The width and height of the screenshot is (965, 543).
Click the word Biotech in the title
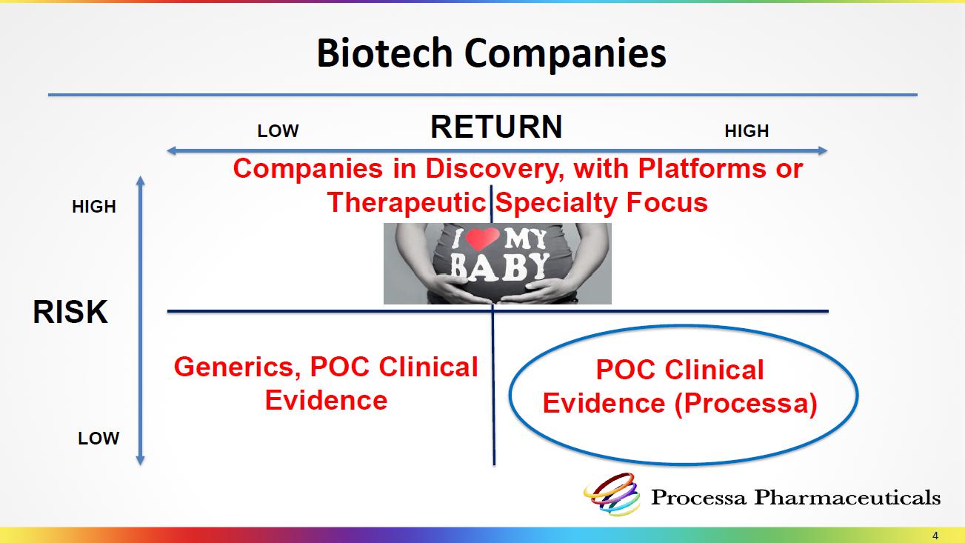click(x=384, y=53)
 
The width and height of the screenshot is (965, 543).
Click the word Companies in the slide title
click(x=565, y=55)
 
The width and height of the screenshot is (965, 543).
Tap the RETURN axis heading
click(x=496, y=127)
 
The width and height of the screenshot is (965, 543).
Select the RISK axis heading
click(x=70, y=312)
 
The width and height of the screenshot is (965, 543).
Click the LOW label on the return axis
click(x=278, y=131)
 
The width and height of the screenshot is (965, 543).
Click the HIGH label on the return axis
click(x=747, y=131)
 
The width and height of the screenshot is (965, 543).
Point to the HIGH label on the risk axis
click(x=94, y=207)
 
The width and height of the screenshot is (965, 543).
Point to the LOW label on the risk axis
click(x=98, y=439)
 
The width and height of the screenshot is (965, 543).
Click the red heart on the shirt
click(x=483, y=239)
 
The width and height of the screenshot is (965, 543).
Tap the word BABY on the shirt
click(x=500, y=267)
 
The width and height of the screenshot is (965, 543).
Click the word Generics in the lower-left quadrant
click(x=238, y=367)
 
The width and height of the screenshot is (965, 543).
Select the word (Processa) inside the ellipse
click(x=746, y=404)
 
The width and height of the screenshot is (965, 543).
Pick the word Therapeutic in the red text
click(x=407, y=202)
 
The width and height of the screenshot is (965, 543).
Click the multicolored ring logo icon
click(x=611, y=495)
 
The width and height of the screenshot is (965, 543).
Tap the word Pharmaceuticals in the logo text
click(x=847, y=497)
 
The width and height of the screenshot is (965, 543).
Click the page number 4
click(x=935, y=536)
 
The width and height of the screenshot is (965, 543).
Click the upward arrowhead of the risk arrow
click(x=141, y=180)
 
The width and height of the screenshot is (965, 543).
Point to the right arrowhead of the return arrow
click(x=823, y=150)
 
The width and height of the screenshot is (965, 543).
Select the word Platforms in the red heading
click(x=702, y=168)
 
